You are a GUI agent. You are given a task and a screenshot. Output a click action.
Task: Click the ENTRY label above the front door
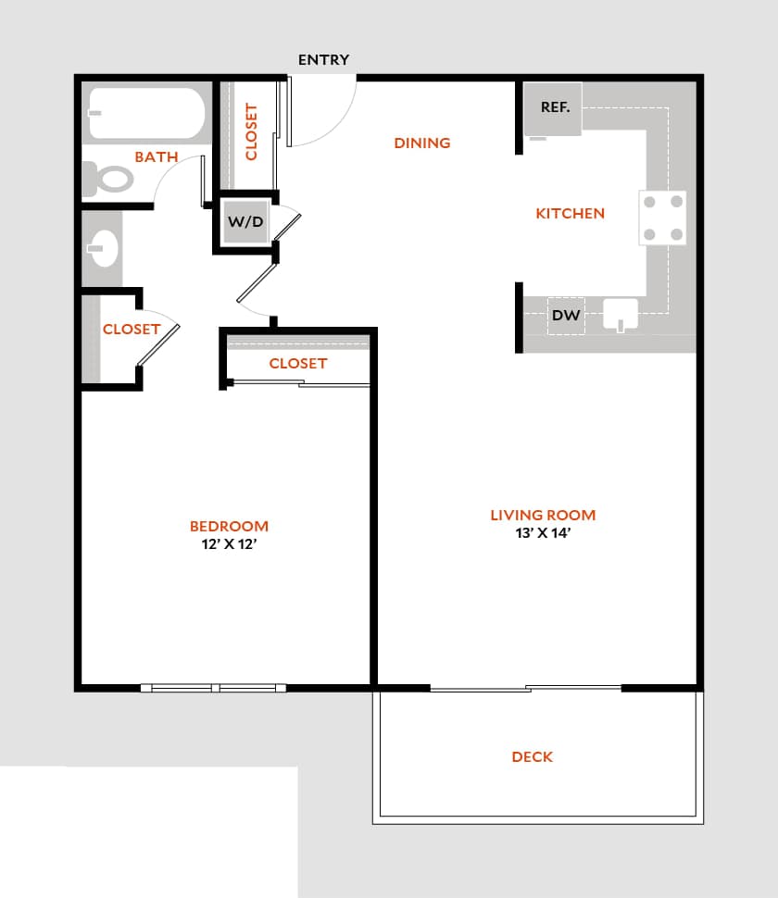(323, 60)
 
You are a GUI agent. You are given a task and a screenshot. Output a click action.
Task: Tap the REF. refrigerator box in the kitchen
(554, 108)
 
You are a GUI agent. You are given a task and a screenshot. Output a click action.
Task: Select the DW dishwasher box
(566, 316)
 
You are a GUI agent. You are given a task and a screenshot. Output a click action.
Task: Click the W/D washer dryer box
(245, 222)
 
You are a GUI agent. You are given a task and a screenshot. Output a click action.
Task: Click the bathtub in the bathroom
(146, 113)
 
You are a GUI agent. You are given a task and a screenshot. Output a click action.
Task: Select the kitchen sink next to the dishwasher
(621, 314)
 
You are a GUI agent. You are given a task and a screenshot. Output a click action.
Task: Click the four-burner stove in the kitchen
(663, 218)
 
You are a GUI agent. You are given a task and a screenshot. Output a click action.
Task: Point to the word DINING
(422, 143)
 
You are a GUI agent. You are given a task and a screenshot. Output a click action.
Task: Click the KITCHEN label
(570, 214)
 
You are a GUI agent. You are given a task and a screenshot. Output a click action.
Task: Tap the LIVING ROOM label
(543, 516)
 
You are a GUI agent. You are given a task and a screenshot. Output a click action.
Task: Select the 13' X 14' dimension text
(543, 533)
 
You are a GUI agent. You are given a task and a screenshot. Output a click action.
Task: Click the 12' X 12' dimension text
(229, 544)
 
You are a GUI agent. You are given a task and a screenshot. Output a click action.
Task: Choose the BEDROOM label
(229, 527)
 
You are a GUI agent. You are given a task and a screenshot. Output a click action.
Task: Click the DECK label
(533, 757)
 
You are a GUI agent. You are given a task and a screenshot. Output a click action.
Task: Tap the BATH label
(157, 157)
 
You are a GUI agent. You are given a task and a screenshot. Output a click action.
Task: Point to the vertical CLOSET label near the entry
(251, 131)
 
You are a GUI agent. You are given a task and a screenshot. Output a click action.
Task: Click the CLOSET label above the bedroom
(298, 364)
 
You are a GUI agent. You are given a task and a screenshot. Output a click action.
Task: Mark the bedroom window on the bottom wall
(214, 688)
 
